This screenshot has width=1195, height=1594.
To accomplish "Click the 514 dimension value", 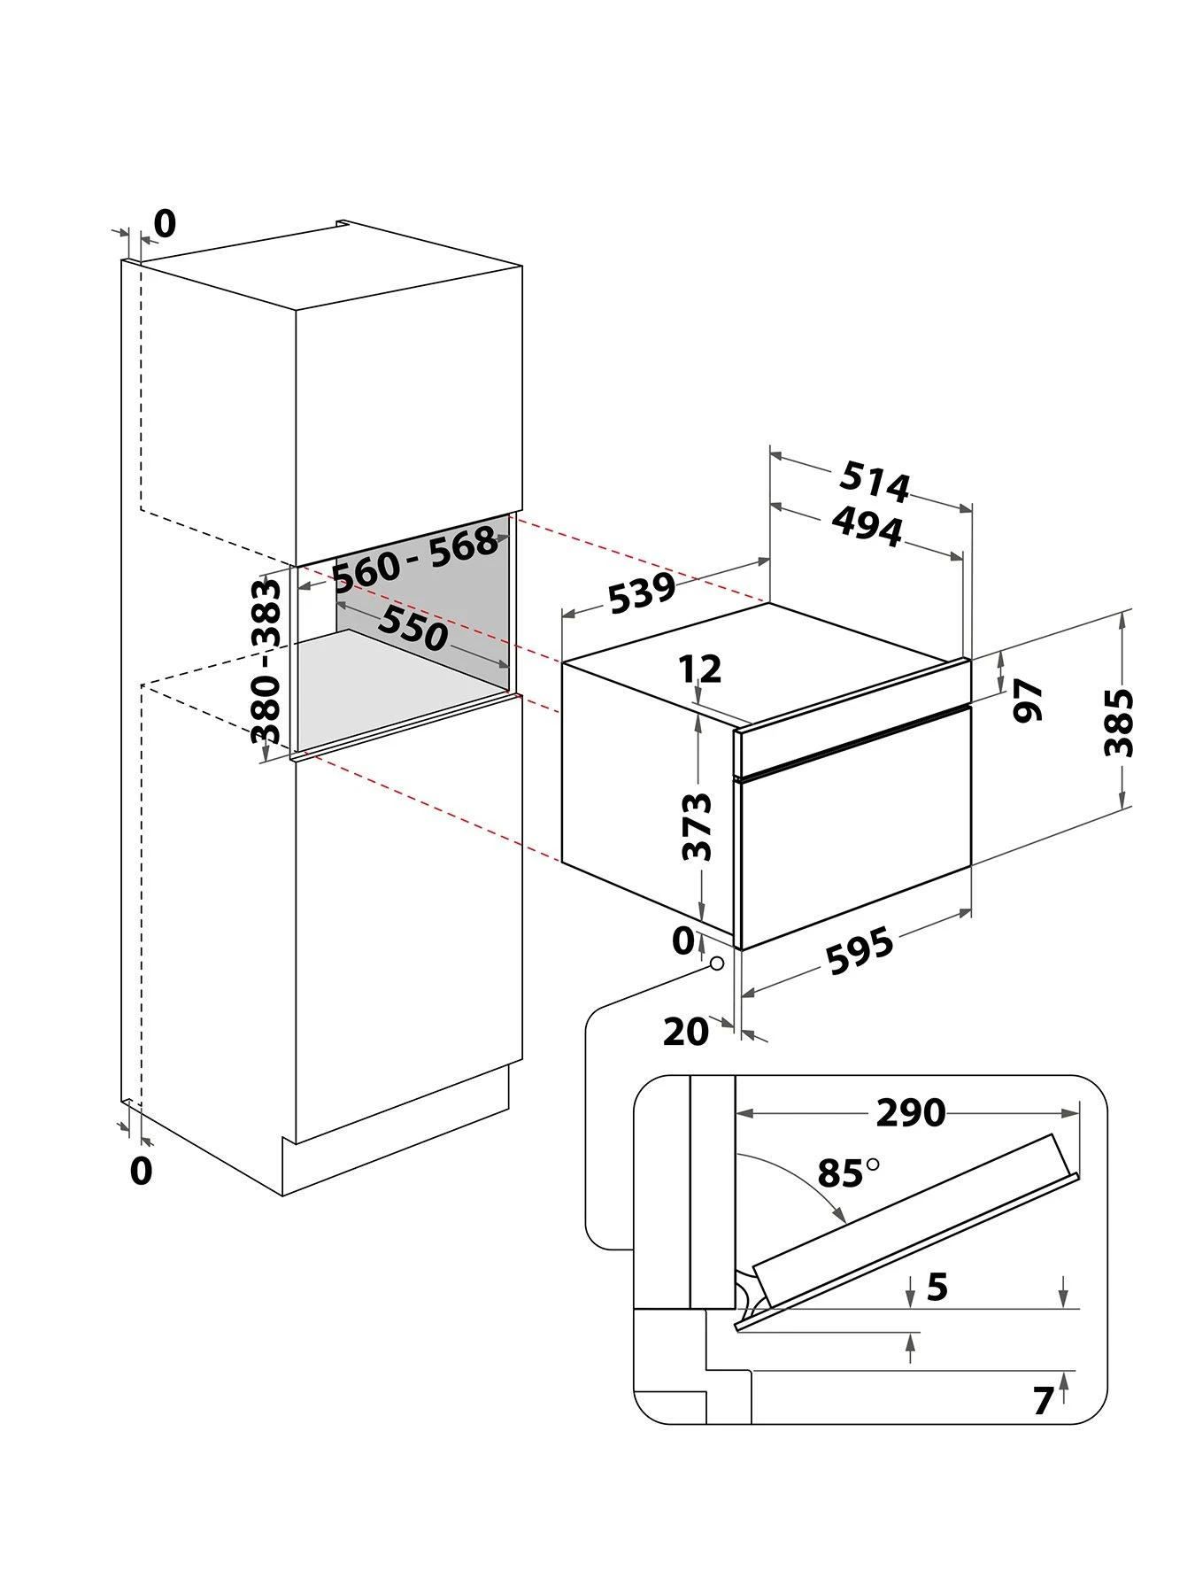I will pos(875,482).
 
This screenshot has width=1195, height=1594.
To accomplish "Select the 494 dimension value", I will pos(867,529).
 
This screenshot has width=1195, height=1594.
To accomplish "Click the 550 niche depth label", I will pos(412,628).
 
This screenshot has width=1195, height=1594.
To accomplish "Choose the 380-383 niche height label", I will pos(266,661).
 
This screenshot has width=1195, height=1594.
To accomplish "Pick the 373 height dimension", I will pos(698,826).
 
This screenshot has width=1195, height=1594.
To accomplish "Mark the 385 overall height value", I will pos(1119,723).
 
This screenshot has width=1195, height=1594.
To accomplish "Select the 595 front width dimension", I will pos(860,951).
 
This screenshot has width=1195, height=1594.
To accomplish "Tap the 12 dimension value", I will pos(701,669).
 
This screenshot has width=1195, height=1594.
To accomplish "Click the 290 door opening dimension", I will pos(910,1112).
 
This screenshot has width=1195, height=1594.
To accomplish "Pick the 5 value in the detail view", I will pos(937,1287).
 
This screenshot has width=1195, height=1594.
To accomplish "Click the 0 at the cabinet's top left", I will pos(165,224).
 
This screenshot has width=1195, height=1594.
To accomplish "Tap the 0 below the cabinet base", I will pos(141,1171).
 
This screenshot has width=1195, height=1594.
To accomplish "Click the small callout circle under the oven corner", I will pos(716,963).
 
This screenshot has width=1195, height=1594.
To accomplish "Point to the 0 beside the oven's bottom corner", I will pos(682,940).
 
